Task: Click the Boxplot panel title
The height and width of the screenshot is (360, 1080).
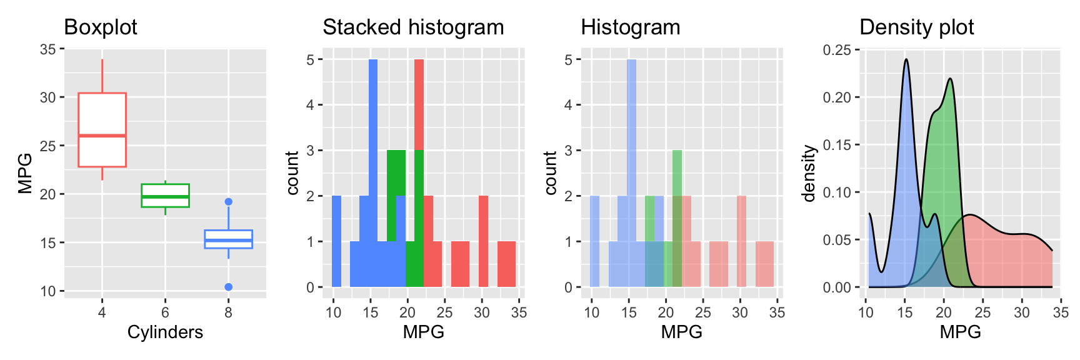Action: click(x=101, y=27)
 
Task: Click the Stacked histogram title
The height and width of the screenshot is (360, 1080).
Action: click(x=413, y=27)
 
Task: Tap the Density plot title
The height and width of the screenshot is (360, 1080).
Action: click(x=916, y=27)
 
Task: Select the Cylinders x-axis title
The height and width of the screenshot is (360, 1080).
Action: click(x=165, y=332)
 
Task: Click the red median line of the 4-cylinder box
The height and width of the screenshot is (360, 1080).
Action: click(x=102, y=136)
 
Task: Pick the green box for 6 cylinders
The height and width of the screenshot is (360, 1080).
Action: click(x=165, y=195)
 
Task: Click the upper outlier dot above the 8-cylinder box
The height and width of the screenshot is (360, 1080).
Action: click(x=229, y=202)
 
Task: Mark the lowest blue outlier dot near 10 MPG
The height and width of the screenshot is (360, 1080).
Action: click(x=229, y=287)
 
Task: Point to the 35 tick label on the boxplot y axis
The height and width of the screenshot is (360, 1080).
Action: click(x=47, y=49)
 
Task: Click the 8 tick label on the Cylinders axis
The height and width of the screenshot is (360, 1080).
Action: click(x=229, y=312)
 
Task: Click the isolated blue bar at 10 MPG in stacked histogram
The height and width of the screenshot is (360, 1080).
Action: click(x=336, y=241)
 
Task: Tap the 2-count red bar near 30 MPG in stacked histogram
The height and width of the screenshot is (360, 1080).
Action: click(x=483, y=241)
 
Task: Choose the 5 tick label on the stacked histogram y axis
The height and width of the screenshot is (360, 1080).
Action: click(x=310, y=60)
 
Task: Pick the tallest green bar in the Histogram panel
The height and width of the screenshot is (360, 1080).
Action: click(x=677, y=187)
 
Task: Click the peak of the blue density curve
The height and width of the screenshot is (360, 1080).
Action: click(x=906, y=60)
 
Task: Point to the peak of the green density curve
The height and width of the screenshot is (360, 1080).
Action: click(x=950, y=79)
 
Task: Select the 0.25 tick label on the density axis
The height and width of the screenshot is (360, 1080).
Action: click(x=838, y=50)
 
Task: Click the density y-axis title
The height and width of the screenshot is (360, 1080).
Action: click(x=809, y=174)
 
